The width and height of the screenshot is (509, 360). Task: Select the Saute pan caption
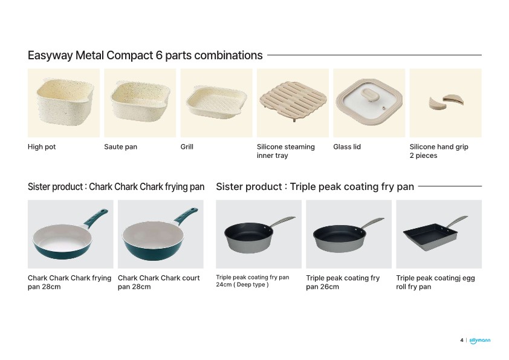(120, 147)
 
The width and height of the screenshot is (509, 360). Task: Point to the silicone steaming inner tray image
(293, 101)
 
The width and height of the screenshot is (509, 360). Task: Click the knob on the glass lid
(368, 96)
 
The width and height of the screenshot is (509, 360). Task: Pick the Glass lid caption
(347, 147)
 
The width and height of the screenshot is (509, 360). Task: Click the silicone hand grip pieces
(446, 102)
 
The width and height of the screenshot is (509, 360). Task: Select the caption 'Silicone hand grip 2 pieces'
(439, 151)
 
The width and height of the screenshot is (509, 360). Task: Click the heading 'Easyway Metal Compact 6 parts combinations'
(145, 55)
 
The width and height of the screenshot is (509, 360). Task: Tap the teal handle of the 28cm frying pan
(96, 217)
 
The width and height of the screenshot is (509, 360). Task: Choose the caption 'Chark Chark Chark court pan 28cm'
(159, 283)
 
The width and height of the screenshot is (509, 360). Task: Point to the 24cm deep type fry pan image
(259, 235)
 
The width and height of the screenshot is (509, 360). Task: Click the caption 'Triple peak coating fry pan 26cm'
(343, 283)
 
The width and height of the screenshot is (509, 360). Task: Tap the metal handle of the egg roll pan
(457, 221)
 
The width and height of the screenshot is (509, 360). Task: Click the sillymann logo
(480, 341)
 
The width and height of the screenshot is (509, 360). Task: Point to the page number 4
(462, 340)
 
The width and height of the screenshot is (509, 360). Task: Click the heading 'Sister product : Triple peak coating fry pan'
(315, 187)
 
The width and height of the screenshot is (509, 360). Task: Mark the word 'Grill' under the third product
(187, 147)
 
